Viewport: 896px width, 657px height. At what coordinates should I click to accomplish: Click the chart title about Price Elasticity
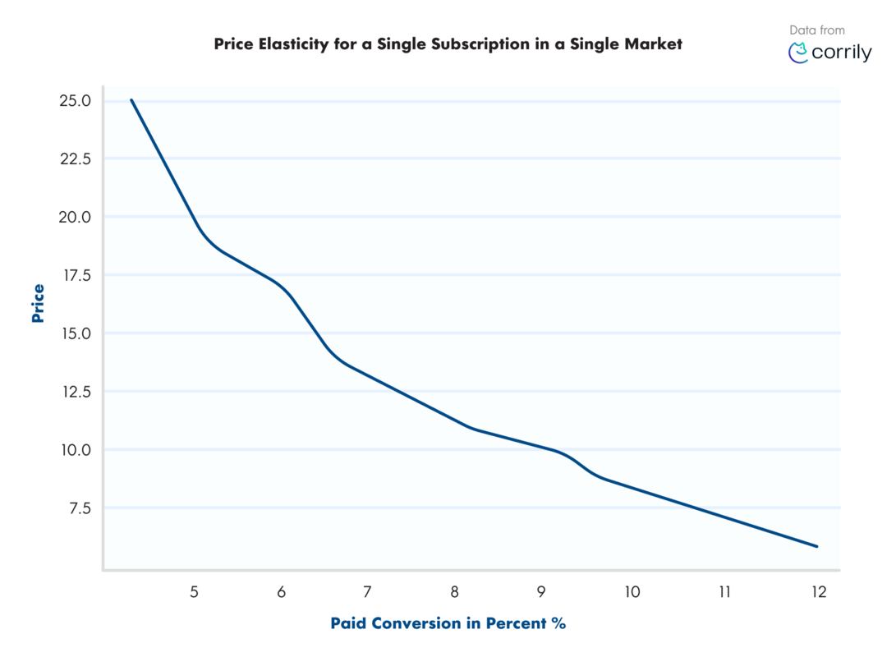click(448, 44)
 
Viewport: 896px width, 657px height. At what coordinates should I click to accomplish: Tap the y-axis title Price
click(38, 303)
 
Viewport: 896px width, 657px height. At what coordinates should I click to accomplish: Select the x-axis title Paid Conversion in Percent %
click(448, 623)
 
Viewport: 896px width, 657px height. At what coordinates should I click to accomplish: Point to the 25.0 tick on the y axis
click(75, 101)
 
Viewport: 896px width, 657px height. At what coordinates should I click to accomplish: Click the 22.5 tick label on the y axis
click(75, 159)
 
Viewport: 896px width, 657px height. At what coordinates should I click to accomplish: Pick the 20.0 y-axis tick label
click(75, 217)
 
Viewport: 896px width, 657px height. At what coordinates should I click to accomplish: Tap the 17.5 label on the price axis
click(75, 275)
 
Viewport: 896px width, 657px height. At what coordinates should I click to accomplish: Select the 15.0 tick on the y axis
click(75, 333)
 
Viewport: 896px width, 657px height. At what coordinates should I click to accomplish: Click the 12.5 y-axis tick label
click(75, 392)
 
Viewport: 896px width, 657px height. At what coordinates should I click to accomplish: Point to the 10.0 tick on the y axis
click(75, 450)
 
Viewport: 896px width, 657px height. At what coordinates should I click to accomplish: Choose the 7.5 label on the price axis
click(79, 508)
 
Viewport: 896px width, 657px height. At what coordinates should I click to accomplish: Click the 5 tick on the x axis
click(194, 592)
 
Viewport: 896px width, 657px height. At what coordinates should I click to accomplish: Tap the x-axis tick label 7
click(367, 592)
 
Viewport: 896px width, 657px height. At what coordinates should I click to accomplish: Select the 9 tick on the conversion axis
click(540, 592)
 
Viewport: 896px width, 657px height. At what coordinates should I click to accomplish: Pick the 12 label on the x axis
click(817, 592)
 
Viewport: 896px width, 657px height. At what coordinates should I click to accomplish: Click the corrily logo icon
click(797, 53)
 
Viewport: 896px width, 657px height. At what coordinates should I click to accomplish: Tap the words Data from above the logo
click(817, 30)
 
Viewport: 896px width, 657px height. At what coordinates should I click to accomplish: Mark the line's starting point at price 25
click(131, 100)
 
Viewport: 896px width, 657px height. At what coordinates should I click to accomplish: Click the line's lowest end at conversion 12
click(817, 546)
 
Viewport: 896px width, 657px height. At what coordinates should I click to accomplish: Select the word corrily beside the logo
click(842, 53)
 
